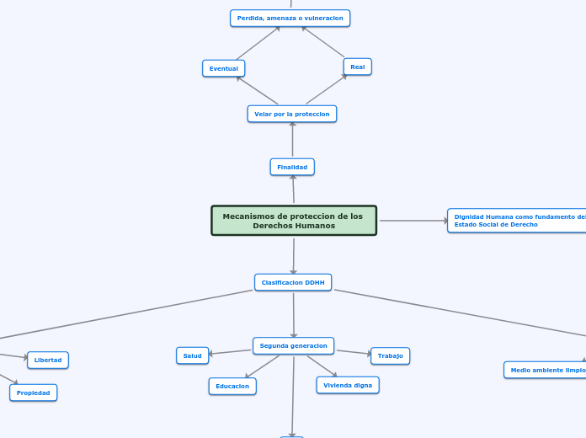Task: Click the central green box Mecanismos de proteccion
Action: [294, 221]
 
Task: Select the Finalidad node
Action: [292, 167]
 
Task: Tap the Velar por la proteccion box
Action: [292, 114]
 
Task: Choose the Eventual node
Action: [223, 68]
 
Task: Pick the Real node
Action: [357, 67]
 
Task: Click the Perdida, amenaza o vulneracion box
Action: [290, 18]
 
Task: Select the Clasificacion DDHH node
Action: [293, 282]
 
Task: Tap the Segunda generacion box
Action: [293, 346]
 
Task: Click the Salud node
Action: [193, 355]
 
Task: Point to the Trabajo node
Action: [390, 355]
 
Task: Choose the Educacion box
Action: [232, 387]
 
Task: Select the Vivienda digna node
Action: [348, 385]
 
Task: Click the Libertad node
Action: [48, 361]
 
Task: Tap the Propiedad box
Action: [34, 393]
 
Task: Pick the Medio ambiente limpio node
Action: [545, 371]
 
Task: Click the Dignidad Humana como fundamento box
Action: [517, 221]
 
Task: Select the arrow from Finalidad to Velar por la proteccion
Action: [293, 140]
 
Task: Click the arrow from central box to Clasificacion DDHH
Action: [294, 256]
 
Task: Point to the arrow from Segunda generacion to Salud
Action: [230, 352]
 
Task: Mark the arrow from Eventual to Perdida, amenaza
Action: [258, 43]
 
